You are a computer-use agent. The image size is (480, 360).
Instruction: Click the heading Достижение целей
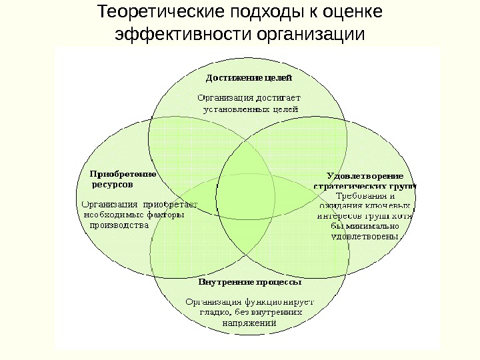[x=248, y=78]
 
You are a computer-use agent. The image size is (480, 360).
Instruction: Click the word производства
[x=119, y=225]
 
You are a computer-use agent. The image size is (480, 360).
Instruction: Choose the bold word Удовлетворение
[x=364, y=176]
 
